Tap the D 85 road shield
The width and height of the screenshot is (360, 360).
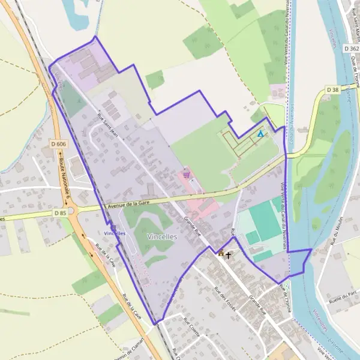(x=60, y=212)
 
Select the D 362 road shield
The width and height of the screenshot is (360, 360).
(x=352, y=47)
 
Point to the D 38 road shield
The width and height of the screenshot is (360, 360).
(x=333, y=89)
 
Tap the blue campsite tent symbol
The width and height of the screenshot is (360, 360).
(x=260, y=134)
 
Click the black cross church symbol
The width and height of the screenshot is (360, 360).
(x=228, y=254)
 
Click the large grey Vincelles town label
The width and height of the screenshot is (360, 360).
(x=161, y=236)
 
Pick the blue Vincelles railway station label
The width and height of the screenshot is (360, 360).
(x=115, y=232)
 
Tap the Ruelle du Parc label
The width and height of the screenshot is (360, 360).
(x=344, y=295)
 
